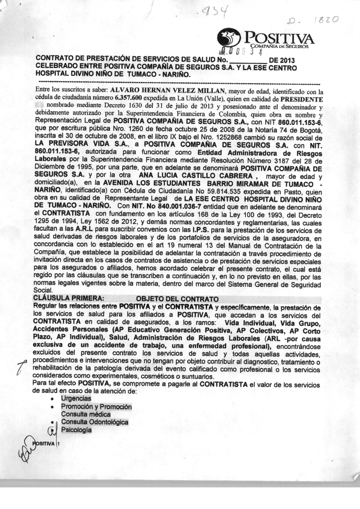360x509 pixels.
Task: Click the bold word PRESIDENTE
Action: click(302, 98)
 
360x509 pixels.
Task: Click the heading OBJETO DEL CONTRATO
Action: click(177, 299)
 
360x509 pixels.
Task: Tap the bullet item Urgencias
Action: click(76, 398)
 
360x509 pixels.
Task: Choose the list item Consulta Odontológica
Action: click(95, 422)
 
